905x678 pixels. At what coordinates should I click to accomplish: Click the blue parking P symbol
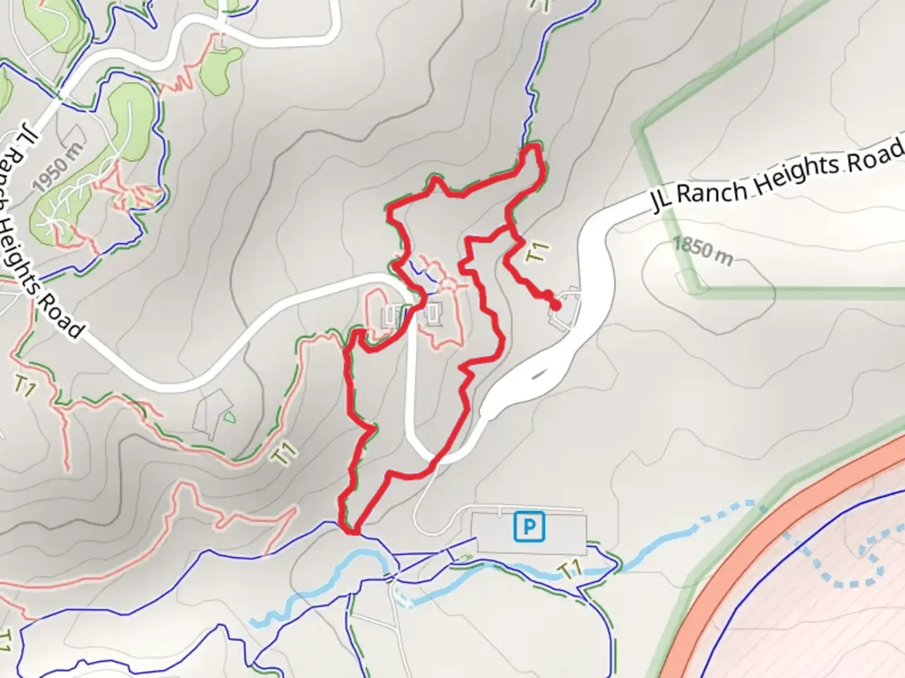(x=529, y=527)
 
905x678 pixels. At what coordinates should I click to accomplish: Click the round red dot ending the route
(x=556, y=306)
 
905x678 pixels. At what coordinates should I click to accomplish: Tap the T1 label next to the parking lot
(x=569, y=570)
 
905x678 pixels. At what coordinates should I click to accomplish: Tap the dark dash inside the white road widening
(x=538, y=375)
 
